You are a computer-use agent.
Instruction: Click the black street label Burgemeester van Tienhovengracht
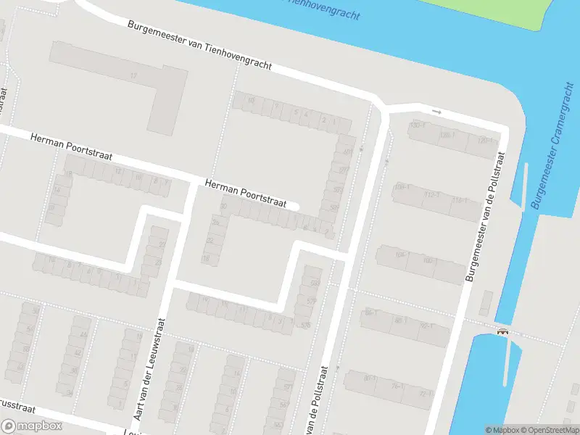199,45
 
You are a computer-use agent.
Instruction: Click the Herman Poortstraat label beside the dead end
246,194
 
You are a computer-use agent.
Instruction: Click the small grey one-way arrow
436,112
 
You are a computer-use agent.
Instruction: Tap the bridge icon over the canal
502,332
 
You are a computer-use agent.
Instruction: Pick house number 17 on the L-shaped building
133,75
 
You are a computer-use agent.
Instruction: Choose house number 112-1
432,194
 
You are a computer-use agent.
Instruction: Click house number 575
312,301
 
